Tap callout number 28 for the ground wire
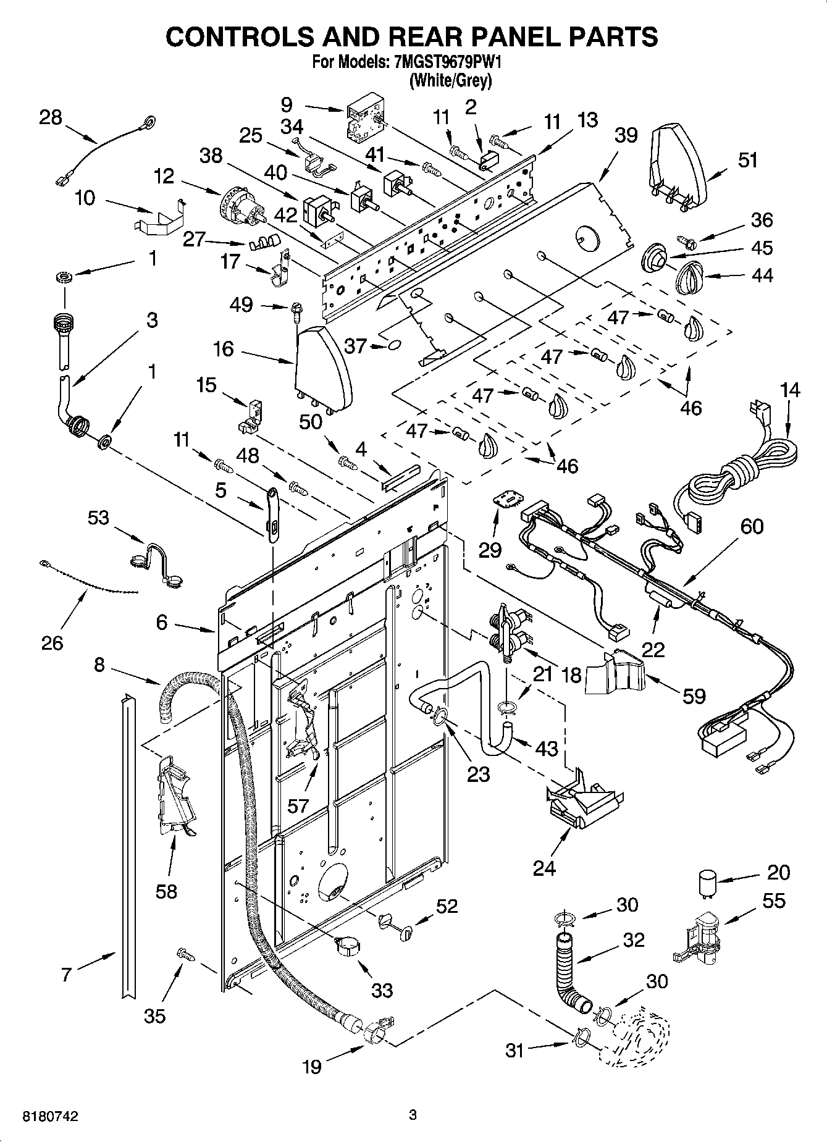click(x=51, y=117)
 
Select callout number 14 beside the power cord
click(x=789, y=391)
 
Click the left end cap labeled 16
click(x=322, y=371)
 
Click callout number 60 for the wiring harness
click(x=752, y=526)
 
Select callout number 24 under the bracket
click(x=545, y=868)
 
